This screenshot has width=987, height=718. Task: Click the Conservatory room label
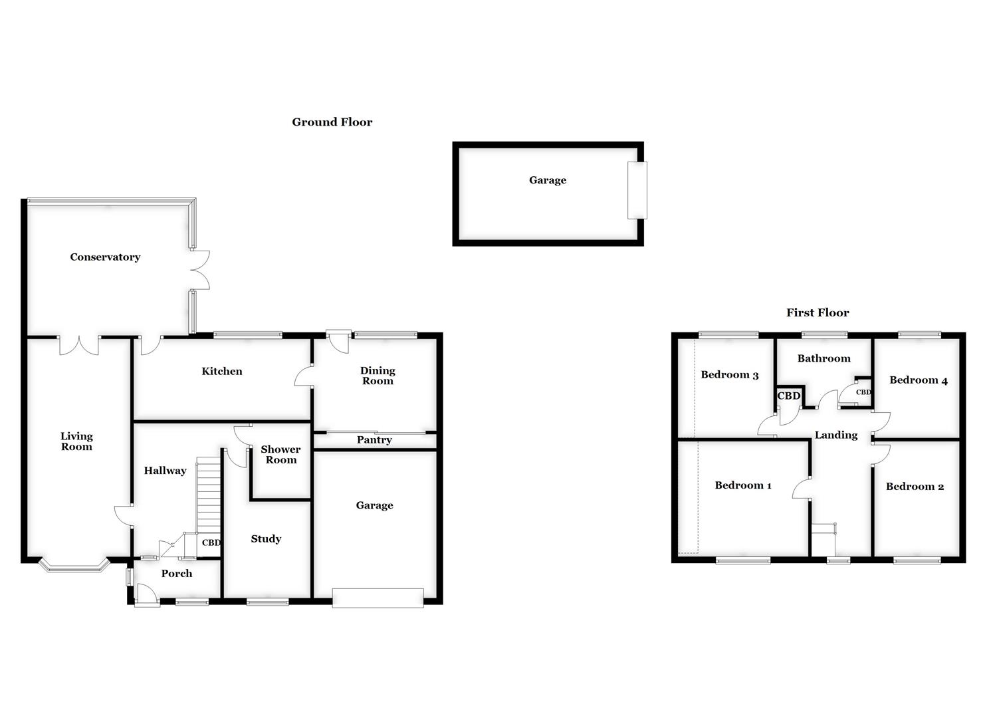pos(105,257)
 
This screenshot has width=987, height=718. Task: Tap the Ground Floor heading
pos(332,122)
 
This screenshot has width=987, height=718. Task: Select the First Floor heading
pos(818,312)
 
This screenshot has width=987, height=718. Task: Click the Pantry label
pos(374,440)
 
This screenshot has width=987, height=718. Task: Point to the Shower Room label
pos(280,455)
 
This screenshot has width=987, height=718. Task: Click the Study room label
pos(266,539)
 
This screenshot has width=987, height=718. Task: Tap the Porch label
pos(177,574)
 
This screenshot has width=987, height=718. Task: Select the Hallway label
pos(165,471)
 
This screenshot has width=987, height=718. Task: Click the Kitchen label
pos(222,372)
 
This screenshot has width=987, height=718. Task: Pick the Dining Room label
pos(378,376)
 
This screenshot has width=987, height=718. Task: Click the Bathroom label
pos(823,358)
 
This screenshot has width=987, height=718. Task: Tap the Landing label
pos(836,435)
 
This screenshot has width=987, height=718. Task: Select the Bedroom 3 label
pos(729,375)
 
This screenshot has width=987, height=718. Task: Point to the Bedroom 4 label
pos(919,380)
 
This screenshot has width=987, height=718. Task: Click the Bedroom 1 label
pos(743,485)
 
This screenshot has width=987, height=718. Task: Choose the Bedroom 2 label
pos(915,487)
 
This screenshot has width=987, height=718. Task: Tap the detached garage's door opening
pos(637,190)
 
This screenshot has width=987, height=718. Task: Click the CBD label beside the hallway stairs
pos(211,542)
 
